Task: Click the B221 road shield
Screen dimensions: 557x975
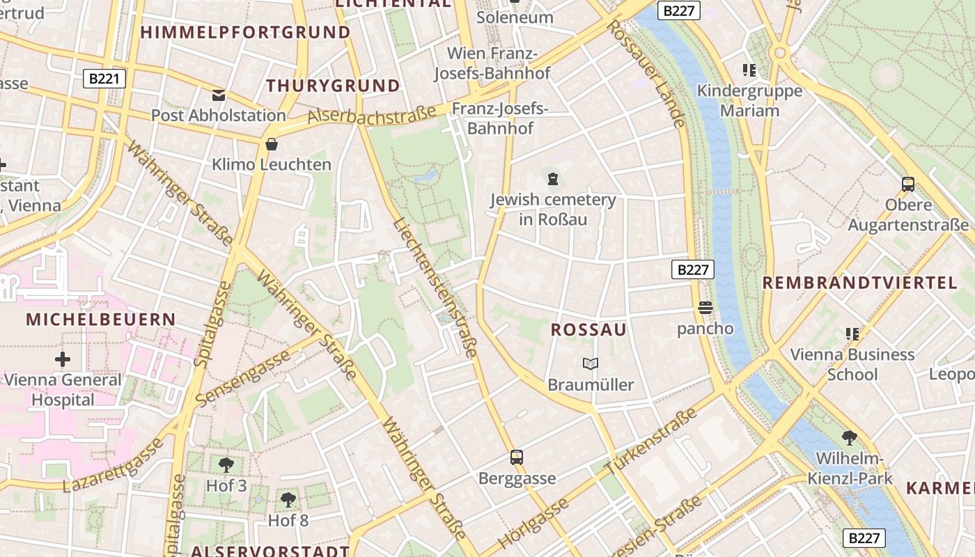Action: point(104,79)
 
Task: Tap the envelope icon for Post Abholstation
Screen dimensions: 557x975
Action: point(219,95)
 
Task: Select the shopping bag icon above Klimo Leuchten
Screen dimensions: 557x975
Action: point(272,144)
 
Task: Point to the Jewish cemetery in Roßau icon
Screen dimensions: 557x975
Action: point(553,179)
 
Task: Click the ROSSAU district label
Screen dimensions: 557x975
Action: point(588,330)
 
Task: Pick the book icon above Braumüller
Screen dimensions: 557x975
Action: point(591,363)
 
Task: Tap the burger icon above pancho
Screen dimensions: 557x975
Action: point(705,308)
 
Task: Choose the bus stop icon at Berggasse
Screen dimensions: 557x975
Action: point(517,457)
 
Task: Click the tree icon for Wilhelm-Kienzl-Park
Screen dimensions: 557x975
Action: point(849,438)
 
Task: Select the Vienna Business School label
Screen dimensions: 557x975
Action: point(852,364)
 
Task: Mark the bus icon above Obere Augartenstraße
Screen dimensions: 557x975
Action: point(908,185)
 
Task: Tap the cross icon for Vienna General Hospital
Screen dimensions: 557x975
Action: point(63,359)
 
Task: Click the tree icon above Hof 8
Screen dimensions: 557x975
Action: point(288,499)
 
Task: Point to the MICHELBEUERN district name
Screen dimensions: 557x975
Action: point(101,320)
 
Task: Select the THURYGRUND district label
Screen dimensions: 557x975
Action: point(334,86)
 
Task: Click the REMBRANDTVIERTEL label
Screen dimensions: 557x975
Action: point(860,283)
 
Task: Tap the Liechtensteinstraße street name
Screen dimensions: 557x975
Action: point(435,288)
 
